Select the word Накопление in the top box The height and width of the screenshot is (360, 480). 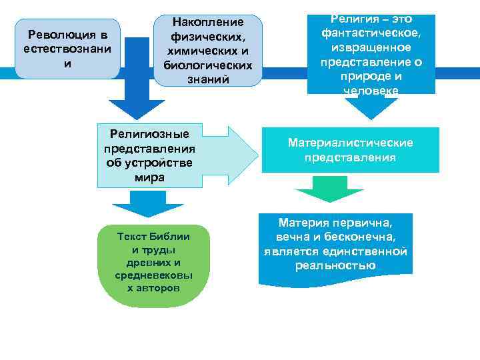[x=208, y=22]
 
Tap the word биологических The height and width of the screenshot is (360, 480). [x=208, y=65]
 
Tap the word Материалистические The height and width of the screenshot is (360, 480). [x=351, y=143]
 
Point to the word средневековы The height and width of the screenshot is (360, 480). [x=154, y=275]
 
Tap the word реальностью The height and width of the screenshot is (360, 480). [x=334, y=266]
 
